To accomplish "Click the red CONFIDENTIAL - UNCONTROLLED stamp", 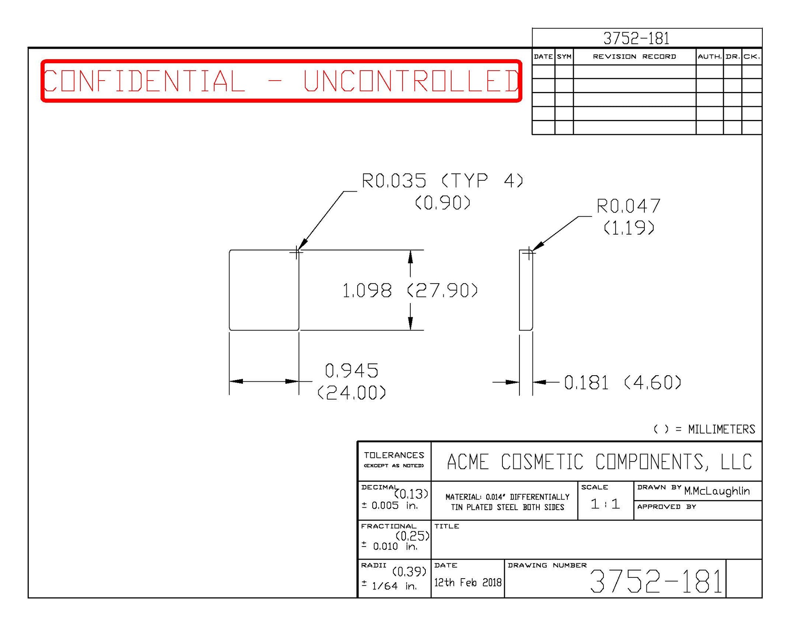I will [281, 81].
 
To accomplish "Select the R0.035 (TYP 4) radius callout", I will [442, 181].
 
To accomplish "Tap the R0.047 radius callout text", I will [628, 206].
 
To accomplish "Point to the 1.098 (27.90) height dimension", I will [410, 291].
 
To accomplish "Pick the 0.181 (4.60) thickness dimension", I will [622, 382].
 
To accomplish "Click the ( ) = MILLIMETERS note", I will [704, 429].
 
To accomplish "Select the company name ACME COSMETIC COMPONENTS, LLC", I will [599, 462].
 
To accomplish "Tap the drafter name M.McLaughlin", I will [717, 491].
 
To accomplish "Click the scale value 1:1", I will [605, 504].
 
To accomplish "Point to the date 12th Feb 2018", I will [468, 583].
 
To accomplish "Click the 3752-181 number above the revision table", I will [636, 38].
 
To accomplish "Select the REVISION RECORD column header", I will [634, 57].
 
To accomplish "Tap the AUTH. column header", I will [709, 57].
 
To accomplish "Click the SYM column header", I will [564, 57].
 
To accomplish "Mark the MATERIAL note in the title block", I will [507, 502].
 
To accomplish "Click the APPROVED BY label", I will [666, 507].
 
